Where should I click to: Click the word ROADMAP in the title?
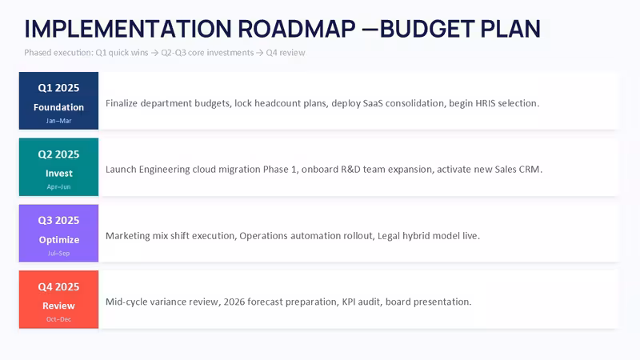297,29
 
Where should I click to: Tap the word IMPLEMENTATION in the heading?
128,29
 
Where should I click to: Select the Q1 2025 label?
58,88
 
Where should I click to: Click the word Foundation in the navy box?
58,107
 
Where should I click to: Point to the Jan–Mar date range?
58,121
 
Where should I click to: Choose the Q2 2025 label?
58,154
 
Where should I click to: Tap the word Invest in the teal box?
58,174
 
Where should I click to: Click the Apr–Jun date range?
58,187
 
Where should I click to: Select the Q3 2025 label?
58,221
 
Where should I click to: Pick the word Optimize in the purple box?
58,240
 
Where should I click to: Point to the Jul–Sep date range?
58,254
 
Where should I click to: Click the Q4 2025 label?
58,287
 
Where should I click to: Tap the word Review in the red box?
58,306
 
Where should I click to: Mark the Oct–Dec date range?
58,319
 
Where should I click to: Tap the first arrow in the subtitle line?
154,53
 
